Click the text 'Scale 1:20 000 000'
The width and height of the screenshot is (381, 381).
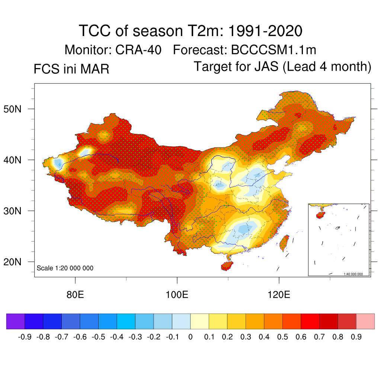point(65,268)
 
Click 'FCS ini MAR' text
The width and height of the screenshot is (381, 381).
point(71,69)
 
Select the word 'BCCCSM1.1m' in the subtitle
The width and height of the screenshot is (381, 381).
point(274,50)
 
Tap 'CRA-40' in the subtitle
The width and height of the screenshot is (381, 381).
point(138,50)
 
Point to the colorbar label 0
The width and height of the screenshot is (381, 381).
point(190,337)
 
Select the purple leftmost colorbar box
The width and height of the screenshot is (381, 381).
point(16,321)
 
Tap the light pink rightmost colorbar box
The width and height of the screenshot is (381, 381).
point(365,321)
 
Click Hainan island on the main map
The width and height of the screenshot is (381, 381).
point(227,266)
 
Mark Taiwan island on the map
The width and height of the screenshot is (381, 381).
point(284,242)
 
